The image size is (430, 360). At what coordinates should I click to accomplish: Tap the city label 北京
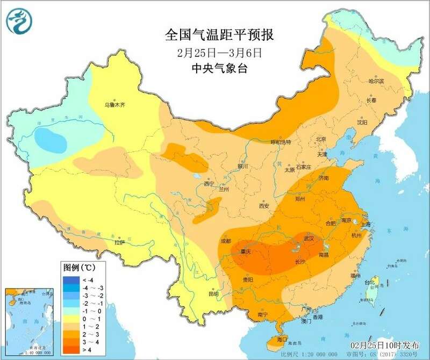click(321, 139)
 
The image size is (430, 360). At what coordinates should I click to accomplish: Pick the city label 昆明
click(213, 293)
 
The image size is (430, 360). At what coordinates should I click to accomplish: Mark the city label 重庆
click(246, 251)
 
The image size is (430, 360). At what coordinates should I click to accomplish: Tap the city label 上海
click(367, 224)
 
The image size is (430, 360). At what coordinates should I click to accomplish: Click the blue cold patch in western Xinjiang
click(51, 140)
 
